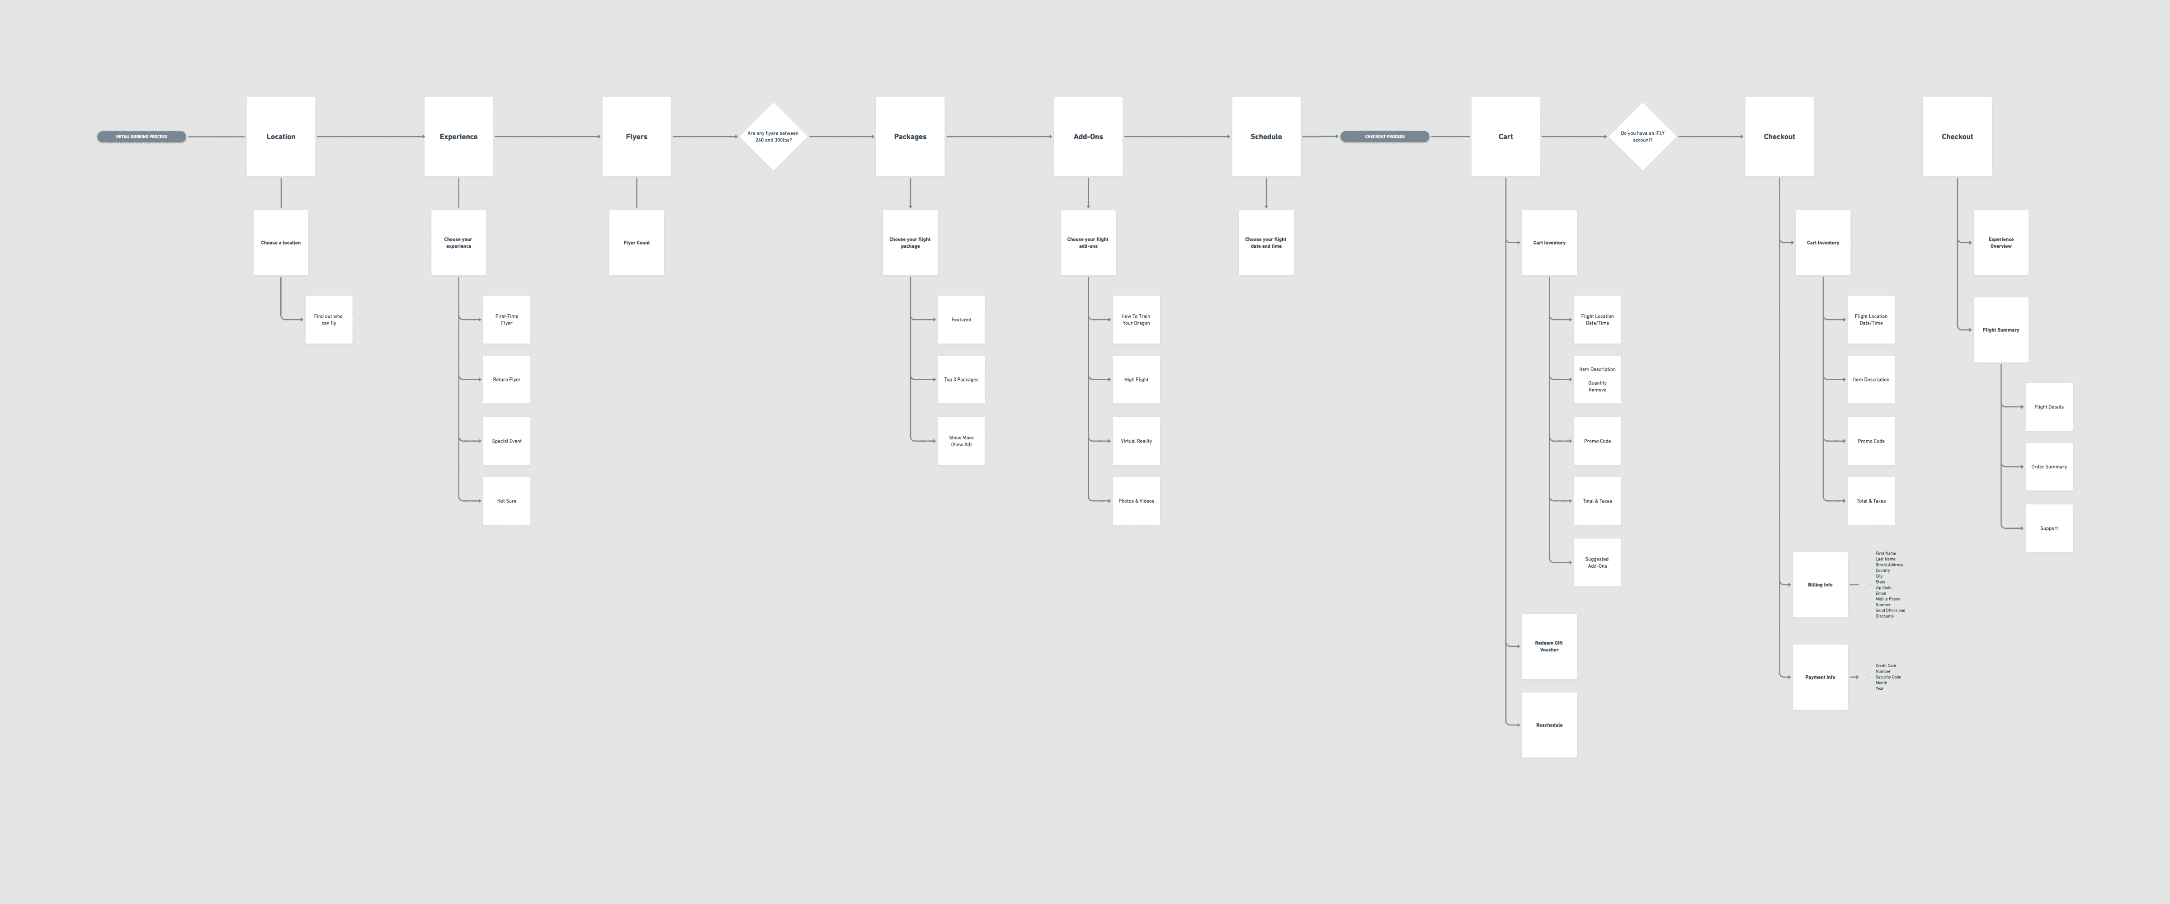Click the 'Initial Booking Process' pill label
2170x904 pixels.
click(142, 137)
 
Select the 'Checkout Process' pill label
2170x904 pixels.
click(1384, 137)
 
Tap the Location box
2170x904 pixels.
click(280, 137)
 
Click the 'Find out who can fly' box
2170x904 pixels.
click(329, 319)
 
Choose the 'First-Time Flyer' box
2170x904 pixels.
click(506, 319)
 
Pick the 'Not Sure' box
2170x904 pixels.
click(506, 500)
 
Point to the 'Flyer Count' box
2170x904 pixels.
click(636, 243)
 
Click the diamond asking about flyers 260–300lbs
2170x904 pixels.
click(773, 137)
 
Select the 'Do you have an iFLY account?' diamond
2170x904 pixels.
click(1642, 137)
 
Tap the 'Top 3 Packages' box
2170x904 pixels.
click(961, 379)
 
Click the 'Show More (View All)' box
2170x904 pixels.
click(961, 441)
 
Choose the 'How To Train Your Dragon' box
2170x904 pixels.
click(1136, 319)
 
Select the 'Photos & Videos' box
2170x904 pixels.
click(1136, 500)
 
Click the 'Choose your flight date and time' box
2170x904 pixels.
click(1265, 243)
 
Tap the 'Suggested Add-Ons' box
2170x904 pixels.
click(1596, 562)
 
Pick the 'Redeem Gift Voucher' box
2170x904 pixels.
click(1548, 646)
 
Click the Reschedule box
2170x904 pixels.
click(1548, 725)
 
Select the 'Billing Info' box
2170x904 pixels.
click(1820, 585)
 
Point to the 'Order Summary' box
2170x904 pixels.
click(2049, 467)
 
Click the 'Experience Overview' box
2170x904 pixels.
click(2000, 243)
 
